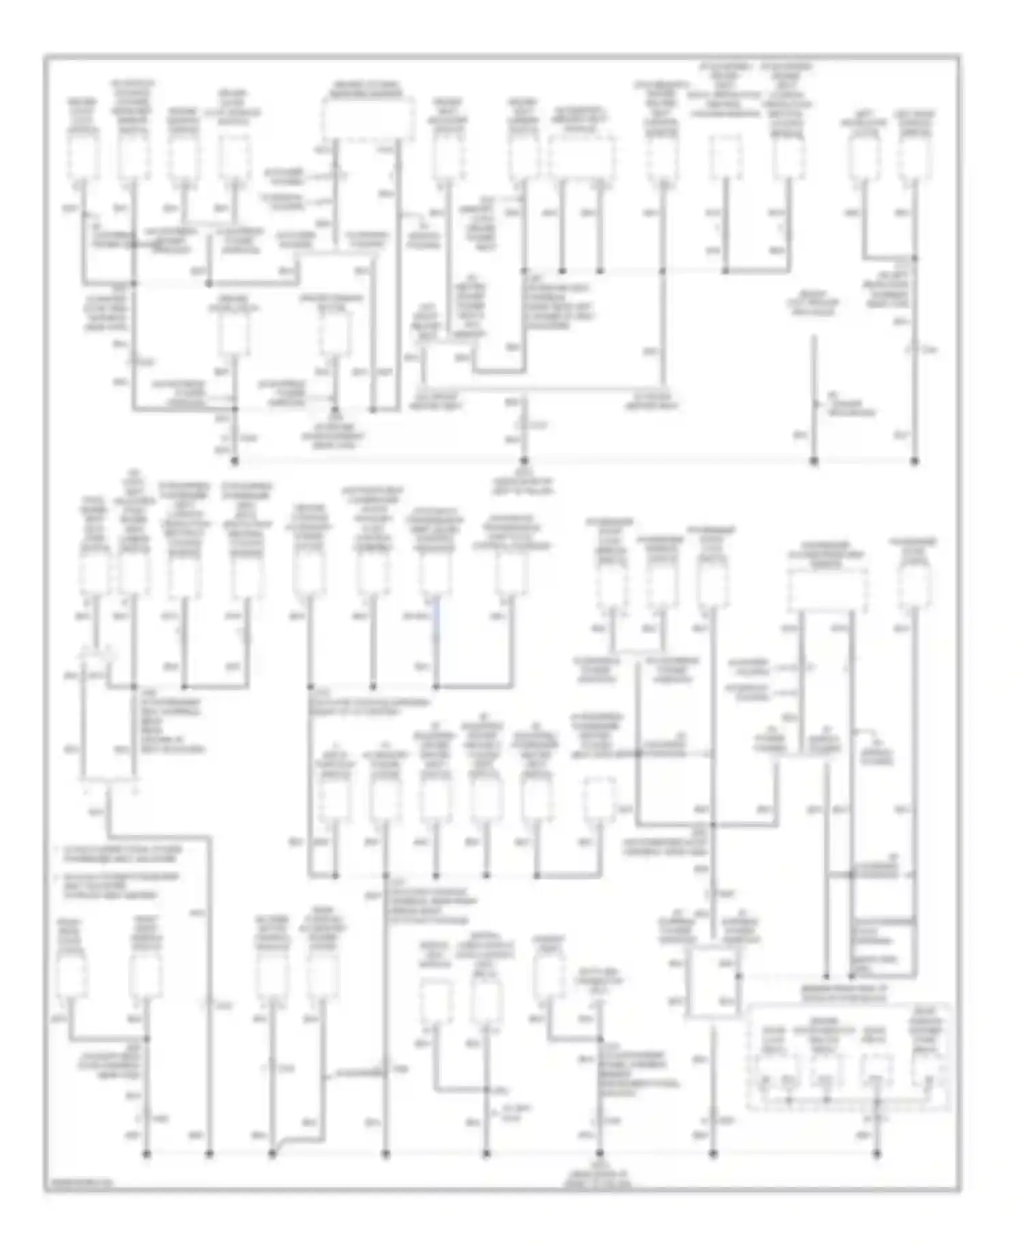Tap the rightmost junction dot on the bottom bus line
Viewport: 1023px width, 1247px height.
click(x=877, y=1154)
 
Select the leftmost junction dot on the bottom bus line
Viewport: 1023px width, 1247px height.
click(x=147, y=1154)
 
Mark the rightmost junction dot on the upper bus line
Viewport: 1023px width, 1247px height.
click(x=915, y=461)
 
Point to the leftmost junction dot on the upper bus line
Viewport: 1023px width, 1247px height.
click(x=235, y=461)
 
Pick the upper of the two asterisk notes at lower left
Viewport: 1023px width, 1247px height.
click(x=119, y=854)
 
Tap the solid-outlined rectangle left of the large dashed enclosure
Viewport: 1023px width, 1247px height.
click(x=713, y=981)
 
